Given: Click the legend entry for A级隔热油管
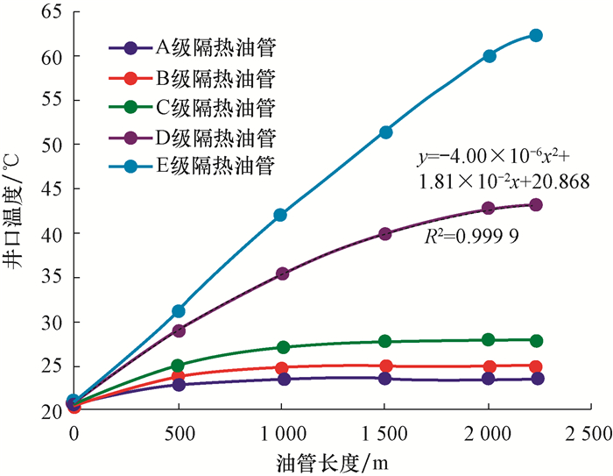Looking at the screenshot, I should tap(193, 48).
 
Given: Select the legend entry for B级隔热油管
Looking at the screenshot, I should tap(193, 78).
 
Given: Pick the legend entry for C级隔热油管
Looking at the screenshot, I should tap(193, 108).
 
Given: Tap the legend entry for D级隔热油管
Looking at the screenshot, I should tap(193, 138).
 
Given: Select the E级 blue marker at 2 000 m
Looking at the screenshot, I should tap(489, 56).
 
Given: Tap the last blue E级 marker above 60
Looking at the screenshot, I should tap(536, 35).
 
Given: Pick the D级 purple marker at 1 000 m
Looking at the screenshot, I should tap(282, 274).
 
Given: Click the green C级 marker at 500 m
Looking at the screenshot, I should tap(178, 366).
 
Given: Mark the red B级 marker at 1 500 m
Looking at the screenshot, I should tap(385, 366).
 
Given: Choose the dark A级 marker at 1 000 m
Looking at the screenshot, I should tap(282, 379).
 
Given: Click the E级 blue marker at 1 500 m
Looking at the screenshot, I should tap(385, 131).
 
